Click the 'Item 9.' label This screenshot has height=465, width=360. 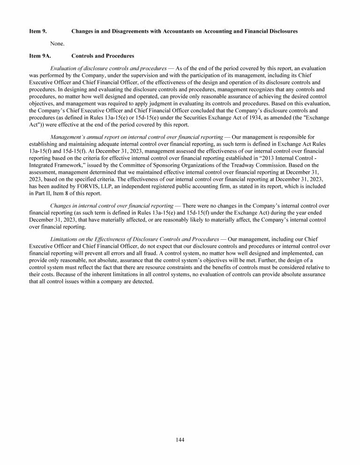tap(37, 31)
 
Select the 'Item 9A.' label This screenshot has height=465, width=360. tap(39, 56)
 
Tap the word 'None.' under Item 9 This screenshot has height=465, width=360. tap(57, 44)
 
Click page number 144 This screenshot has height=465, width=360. tap(180, 440)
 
